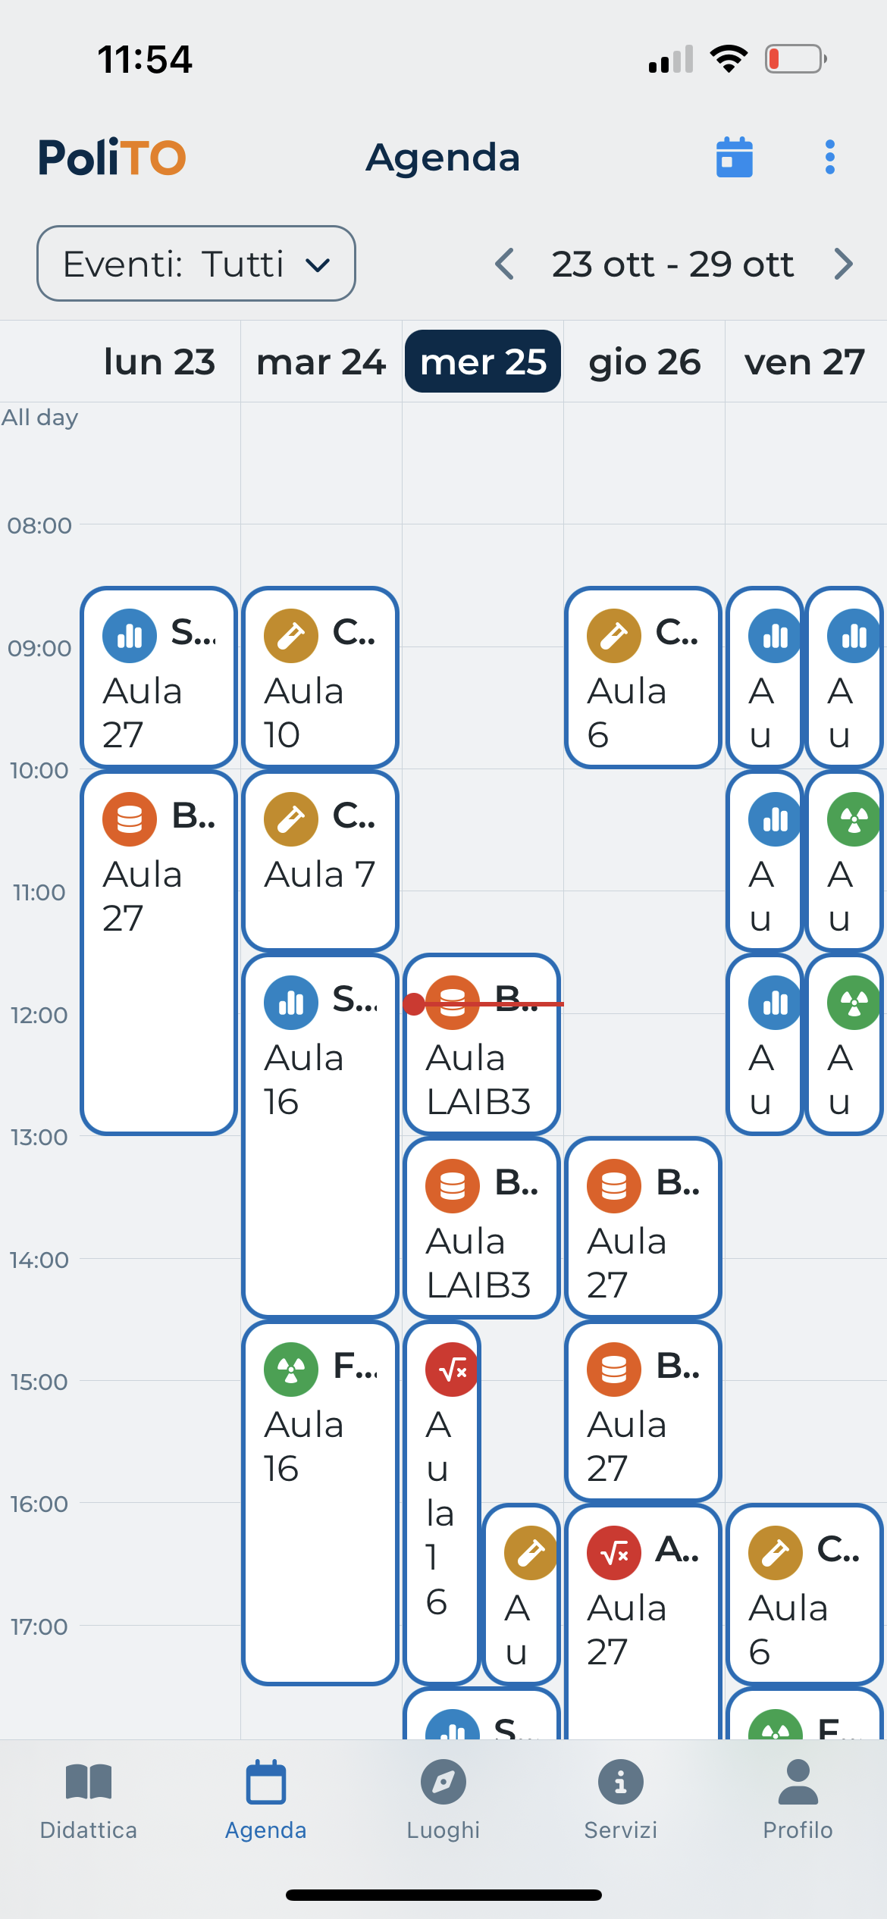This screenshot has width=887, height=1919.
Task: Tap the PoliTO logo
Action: pyautogui.click(x=112, y=158)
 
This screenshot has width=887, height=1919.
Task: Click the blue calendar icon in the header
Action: pyautogui.click(x=734, y=158)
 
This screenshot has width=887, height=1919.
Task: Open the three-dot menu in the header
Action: pyautogui.click(x=830, y=158)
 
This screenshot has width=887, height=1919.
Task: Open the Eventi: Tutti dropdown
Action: pyautogui.click(x=196, y=264)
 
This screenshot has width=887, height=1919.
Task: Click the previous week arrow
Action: pyautogui.click(x=505, y=265)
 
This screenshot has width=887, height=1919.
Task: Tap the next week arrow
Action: pyautogui.click(x=843, y=265)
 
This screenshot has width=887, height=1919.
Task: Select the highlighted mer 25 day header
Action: pyautogui.click(x=483, y=362)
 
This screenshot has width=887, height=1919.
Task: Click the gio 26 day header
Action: pyautogui.click(x=644, y=362)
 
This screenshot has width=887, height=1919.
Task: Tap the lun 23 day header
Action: pyautogui.click(x=159, y=362)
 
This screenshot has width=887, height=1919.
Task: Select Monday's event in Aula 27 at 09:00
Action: pyautogui.click(x=158, y=677)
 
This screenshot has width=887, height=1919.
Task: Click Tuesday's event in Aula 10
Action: pyautogui.click(x=320, y=677)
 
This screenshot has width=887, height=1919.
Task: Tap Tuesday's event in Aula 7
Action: pyautogui.click(x=320, y=860)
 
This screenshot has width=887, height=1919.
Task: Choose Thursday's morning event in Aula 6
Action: pyautogui.click(x=643, y=677)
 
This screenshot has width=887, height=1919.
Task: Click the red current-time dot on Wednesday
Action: pyautogui.click(x=414, y=1004)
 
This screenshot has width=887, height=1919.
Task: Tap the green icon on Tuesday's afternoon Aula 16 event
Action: pyautogui.click(x=291, y=1370)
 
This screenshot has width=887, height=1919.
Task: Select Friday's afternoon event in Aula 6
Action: pyautogui.click(x=804, y=1594)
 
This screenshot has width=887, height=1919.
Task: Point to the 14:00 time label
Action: pyautogui.click(x=39, y=1260)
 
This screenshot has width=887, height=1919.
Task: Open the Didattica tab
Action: pyautogui.click(x=89, y=1800)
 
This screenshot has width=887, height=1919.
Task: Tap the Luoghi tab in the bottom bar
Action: pyautogui.click(x=443, y=1800)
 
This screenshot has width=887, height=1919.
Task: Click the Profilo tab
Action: pyautogui.click(x=798, y=1800)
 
